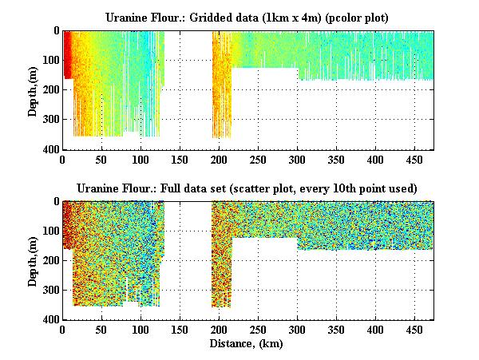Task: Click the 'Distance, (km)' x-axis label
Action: [247, 345]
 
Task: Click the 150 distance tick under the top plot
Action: [180, 160]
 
